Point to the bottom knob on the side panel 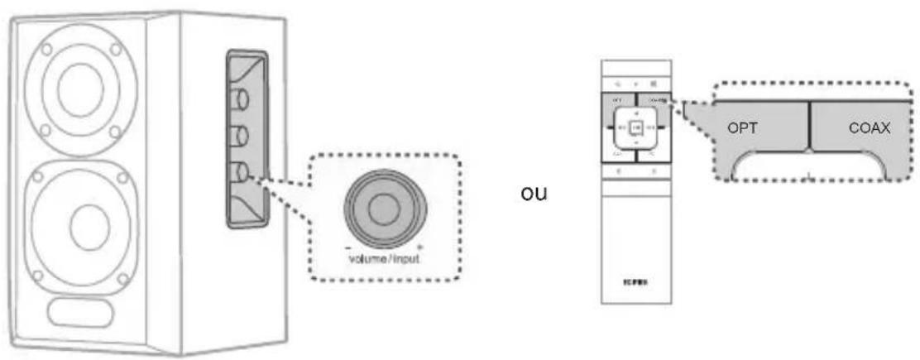pyautogui.click(x=240, y=172)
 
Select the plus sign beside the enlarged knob pyautogui.click(x=419, y=245)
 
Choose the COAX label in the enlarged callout pyautogui.click(x=869, y=129)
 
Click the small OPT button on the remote pyautogui.click(x=617, y=99)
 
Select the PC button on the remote pyautogui.click(x=652, y=155)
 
